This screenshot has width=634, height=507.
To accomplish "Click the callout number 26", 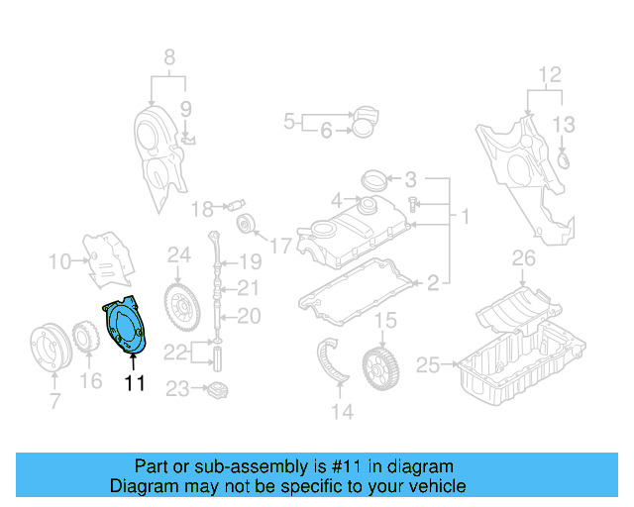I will coord(524,260).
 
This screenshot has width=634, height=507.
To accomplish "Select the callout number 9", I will coord(184,107).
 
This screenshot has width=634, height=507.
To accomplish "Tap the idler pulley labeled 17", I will coord(249,224).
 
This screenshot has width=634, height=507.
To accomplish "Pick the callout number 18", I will coord(201,209).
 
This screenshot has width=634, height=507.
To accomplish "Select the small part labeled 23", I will coord(216,389).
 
